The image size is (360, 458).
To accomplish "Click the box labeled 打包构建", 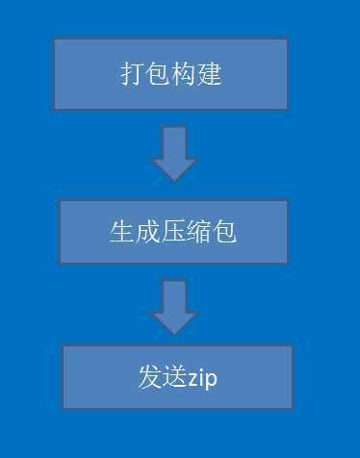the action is pos(170,74).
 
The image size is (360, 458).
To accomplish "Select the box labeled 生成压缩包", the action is pos(173,232).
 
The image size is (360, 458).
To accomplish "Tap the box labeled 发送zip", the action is pos(177,377).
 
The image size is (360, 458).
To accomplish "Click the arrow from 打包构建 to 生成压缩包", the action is pos(174,154).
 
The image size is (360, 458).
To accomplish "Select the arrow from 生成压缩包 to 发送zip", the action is pos(174,307).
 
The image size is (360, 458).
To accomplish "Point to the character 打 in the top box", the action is pos(133,74).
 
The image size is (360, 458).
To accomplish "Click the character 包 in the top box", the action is pos(158,74).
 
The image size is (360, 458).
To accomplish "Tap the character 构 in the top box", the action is pos(184,74).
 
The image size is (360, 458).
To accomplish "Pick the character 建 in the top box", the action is pos(209,74).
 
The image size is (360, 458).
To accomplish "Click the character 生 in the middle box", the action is pos(121,232).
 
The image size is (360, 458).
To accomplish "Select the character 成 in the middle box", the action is pos(147,232).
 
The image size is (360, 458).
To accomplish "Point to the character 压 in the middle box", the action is pos(173,232).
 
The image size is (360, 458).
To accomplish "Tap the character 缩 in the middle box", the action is pos(199,232).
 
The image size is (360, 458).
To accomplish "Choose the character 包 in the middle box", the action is pos(225,232).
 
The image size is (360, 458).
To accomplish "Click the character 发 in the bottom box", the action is pos(149,377).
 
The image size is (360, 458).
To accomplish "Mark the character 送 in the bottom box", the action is pos(174,377).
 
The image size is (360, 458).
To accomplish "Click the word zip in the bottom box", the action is pos(202,378).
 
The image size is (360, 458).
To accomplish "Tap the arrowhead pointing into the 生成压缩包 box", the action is pos(174,169).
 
